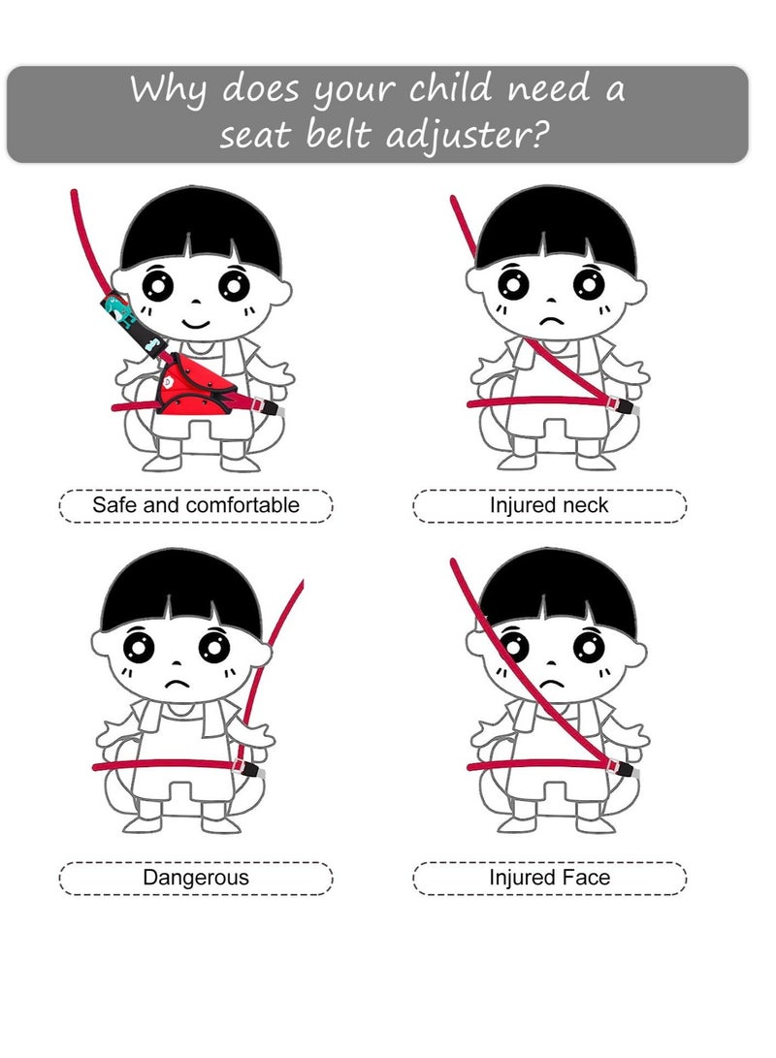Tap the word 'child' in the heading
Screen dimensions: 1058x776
pos(455,89)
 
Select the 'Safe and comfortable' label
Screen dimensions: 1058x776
pos(196,505)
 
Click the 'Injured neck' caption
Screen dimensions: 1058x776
pos(549,505)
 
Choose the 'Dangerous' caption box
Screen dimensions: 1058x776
pos(196,878)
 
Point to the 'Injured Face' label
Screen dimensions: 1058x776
pos(549,878)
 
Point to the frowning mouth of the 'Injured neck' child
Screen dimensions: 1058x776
pos(552,320)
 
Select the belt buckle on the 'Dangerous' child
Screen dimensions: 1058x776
pos(250,770)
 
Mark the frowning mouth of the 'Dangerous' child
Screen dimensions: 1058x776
pos(177,684)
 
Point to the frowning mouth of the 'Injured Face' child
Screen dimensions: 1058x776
pos(552,684)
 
